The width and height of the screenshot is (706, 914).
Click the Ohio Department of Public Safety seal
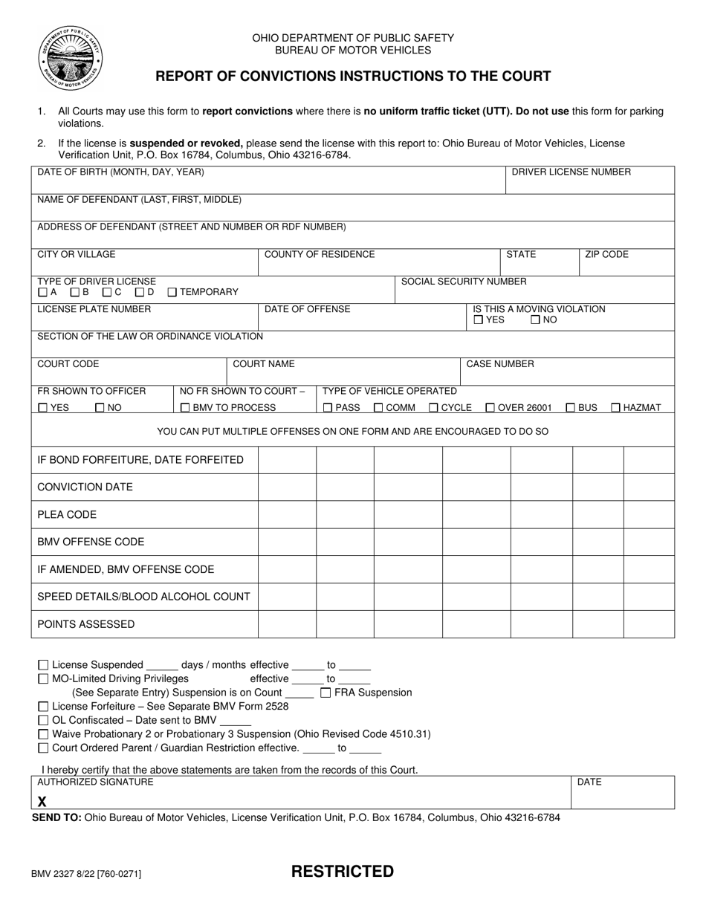click(x=71, y=57)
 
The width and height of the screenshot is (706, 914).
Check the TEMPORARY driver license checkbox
click(x=172, y=293)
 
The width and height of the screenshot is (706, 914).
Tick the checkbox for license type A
click(x=42, y=293)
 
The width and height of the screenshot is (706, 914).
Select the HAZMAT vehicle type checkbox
click(x=616, y=408)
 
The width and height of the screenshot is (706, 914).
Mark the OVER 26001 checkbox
click(x=490, y=408)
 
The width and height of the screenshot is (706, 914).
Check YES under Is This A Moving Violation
click(x=479, y=320)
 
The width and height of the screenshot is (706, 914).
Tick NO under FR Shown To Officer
click(x=100, y=408)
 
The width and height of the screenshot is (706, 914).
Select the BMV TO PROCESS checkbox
click(x=185, y=408)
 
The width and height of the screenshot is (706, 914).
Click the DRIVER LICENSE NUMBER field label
click(x=571, y=172)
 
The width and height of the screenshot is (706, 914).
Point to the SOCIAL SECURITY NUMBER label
click(x=464, y=282)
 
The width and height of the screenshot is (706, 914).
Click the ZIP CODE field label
click(x=606, y=255)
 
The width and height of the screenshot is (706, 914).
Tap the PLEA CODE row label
click(x=67, y=515)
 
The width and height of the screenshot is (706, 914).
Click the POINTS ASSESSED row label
click(x=86, y=624)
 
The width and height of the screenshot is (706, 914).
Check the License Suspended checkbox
click(x=43, y=666)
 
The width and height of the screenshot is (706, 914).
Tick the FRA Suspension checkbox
click(x=326, y=693)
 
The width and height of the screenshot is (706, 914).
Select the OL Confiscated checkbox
click(x=43, y=721)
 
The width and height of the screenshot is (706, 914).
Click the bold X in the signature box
click(x=42, y=802)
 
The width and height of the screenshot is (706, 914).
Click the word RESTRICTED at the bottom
click(x=342, y=872)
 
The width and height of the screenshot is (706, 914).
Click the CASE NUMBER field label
click(x=499, y=364)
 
